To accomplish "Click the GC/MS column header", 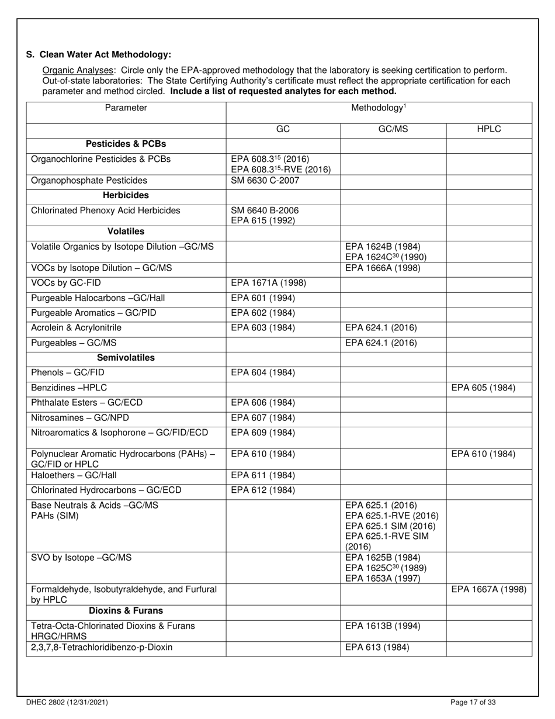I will (393, 130).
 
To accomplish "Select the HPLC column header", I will (489, 130).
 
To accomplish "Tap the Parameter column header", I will (126, 108).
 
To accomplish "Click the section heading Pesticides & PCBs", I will (126, 144).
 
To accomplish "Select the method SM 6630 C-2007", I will (265, 181).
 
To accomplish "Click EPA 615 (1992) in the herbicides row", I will (263, 220).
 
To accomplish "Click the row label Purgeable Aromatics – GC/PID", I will (93, 313).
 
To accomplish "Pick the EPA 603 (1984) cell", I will (263, 328).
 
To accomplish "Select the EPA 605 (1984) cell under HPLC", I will (483, 388).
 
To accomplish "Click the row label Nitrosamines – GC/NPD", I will (80, 417).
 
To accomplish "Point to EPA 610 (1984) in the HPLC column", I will (483, 454).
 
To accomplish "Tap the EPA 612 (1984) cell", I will (263, 490).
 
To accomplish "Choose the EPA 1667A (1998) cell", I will (489, 589).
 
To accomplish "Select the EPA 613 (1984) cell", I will (377, 648).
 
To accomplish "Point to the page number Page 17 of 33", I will (474, 703).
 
